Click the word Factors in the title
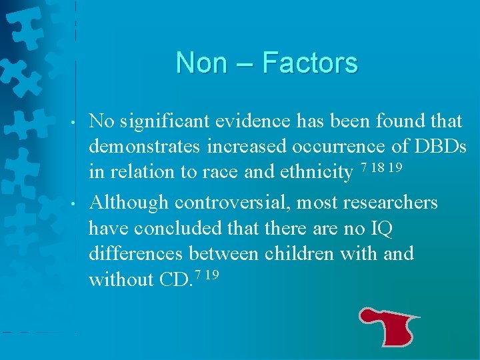tap(310, 63)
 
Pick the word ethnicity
tap(315, 172)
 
